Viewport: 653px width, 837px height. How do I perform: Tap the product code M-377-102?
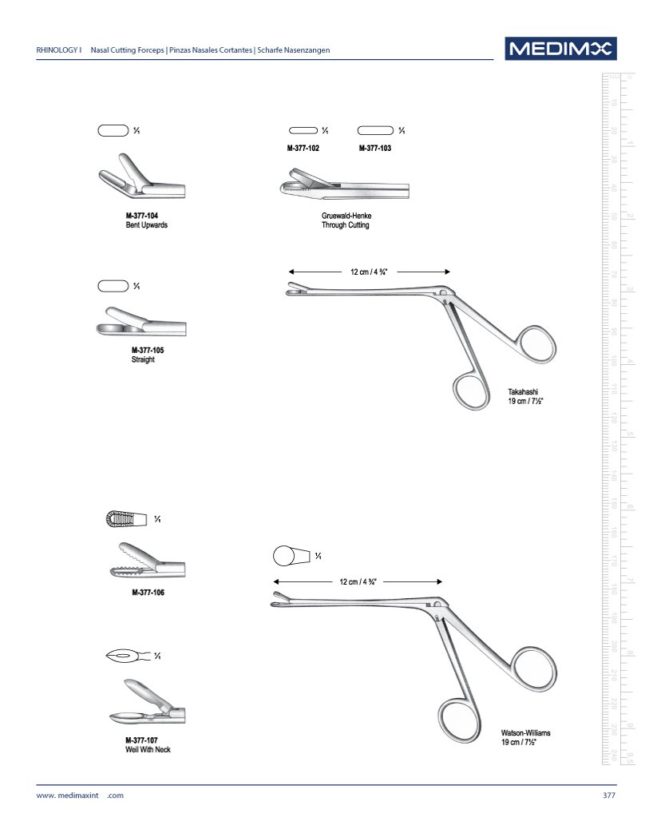tap(303, 149)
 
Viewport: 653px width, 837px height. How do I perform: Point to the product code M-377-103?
tap(375, 149)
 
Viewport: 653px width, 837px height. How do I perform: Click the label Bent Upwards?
tap(147, 225)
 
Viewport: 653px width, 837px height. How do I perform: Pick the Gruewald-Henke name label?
tap(346, 216)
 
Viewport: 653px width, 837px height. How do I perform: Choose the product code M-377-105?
tap(148, 350)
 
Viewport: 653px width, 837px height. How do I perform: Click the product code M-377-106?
tap(148, 593)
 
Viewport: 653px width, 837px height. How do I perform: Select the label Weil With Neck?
tap(148, 750)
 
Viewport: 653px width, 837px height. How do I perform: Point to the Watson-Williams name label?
tap(525, 732)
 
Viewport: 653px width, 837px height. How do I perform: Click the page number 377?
tap(609, 795)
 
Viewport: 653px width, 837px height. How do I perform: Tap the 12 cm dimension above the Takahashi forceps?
tap(369, 272)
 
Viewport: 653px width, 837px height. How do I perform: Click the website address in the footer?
tap(80, 795)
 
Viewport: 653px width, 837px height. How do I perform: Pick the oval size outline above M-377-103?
tap(375, 130)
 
